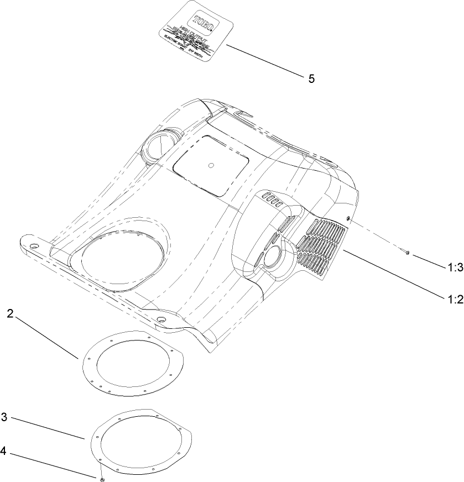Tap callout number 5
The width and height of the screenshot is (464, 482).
click(311, 78)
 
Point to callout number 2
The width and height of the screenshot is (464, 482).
click(11, 314)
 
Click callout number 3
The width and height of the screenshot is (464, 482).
click(4, 417)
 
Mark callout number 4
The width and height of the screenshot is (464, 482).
click(4, 451)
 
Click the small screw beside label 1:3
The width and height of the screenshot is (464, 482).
click(407, 253)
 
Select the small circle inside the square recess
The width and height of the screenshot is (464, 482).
click(210, 165)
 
